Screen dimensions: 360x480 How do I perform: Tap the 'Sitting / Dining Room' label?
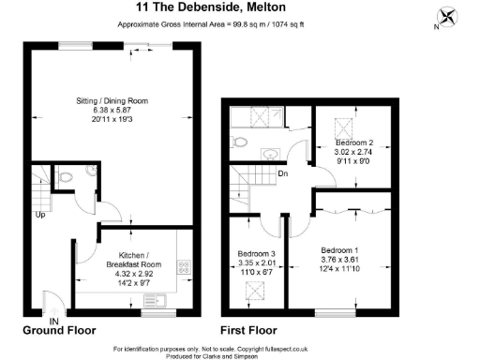click(x=112, y=100)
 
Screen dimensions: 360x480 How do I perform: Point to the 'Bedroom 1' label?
click(x=339, y=250)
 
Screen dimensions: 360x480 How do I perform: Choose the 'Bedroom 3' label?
click(x=256, y=255)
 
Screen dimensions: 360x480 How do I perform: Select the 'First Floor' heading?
click(x=249, y=331)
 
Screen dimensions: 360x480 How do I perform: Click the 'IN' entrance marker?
click(x=54, y=320)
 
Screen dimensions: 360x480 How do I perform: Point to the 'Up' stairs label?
click(x=39, y=214)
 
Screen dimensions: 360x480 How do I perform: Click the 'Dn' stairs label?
click(x=281, y=172)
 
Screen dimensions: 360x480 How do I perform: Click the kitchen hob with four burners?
click(x=184, y=267)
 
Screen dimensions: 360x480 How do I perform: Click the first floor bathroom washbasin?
click(x=271, y=154)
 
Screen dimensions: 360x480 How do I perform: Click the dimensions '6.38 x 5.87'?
click(x=112, y=111)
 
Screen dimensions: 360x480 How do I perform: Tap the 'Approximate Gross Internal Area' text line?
click(x=208, y=24)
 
